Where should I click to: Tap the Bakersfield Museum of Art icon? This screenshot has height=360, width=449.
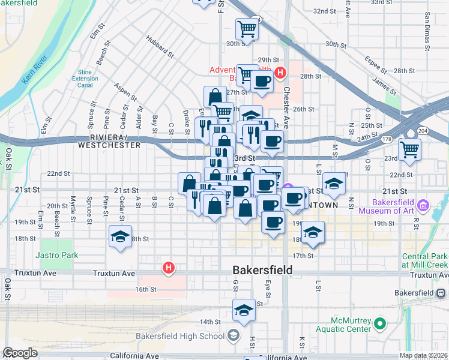click(x=423, y=206)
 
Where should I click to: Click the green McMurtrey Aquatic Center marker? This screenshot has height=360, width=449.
click(x=379, y=325)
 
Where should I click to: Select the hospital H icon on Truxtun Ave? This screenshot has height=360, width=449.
click(x=169, y=268)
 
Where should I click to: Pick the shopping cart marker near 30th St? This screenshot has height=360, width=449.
click(x=247, y=28)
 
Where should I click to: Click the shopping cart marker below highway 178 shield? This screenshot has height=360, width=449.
click(x=410, y=149)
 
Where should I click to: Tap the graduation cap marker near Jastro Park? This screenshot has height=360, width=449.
click(x=121, y=236)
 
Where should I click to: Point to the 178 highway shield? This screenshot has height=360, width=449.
click(x=384, y=139)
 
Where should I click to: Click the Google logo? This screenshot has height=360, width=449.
click(x=20, y=353)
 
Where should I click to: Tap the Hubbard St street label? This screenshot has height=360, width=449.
click(x=159, y=47)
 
